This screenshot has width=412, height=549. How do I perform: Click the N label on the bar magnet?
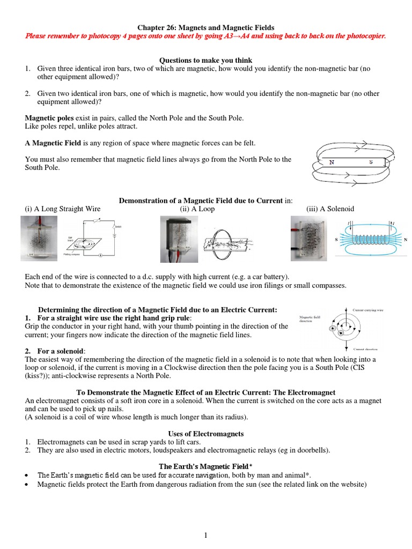[x=332, y=162]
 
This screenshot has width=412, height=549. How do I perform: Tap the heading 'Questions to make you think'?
[x=206, y=60]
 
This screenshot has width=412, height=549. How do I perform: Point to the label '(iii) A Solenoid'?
[x=330, y=209]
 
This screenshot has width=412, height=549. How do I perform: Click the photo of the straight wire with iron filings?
[x=39, y=239]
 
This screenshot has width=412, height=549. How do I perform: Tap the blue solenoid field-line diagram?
[x=372, y=239]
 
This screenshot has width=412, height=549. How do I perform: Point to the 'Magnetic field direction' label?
[x=311, y=320]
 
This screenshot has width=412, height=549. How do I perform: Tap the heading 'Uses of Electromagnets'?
[x=206, y=433]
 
